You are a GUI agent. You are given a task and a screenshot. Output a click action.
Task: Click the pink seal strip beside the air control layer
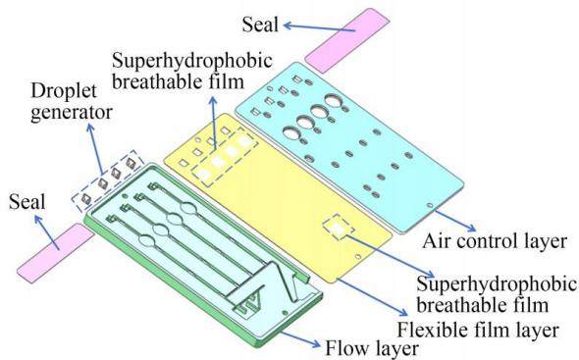(x=347, y=40)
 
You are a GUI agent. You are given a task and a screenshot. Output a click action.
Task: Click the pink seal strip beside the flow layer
(x=55, y=253)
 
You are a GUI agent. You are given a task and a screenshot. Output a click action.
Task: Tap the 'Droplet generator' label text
(x=72, y=102)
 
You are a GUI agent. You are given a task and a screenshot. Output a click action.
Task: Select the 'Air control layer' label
(x=494, y=242)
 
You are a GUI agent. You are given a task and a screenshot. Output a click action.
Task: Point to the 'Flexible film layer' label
(x=477, y=330)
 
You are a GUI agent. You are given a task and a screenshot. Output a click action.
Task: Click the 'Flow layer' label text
(x=372, y=348)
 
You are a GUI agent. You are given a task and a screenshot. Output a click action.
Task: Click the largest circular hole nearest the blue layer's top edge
(x=335, y=100)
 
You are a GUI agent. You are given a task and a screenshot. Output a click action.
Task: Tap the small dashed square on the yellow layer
(x=338, y=228)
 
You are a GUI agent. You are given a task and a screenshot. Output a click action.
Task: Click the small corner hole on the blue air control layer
(x=430, y=205)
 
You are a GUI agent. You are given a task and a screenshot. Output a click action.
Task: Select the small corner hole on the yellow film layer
(x=357, y=256)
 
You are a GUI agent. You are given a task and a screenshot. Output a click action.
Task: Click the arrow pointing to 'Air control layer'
(x=455, y=221)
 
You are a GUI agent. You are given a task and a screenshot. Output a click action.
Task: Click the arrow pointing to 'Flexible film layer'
(x=372, y=297)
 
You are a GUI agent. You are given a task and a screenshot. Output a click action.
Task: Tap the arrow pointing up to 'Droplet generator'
(x=95, y=149)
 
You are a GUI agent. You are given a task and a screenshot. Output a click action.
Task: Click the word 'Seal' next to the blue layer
(x=260, y=25)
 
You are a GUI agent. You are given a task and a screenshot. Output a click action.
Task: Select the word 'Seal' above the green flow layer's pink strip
(x=26, y=202)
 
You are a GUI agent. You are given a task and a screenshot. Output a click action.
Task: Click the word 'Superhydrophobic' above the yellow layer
(x=192, y=61)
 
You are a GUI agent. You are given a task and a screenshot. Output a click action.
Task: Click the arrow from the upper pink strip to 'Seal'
(x=319, y=27)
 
